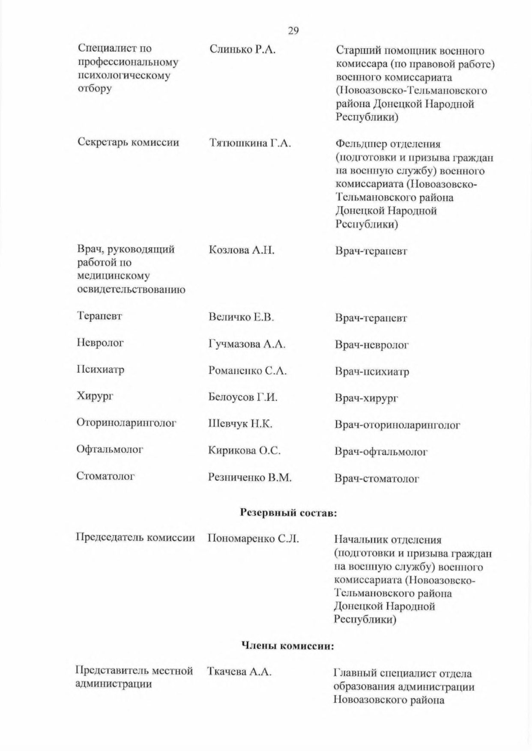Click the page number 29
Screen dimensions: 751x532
[x=293, y=31]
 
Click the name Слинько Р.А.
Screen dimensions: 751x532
[x=242, y=50]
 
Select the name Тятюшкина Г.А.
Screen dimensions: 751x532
[x=250, y=143]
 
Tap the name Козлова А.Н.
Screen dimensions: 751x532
[x=242, y=250]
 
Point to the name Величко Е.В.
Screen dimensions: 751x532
[x=241, y=317]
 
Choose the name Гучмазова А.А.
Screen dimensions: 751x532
[x=247, y=344]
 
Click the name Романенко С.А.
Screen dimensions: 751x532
[x=247, y=371]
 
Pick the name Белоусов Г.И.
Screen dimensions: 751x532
[x=243, y=397]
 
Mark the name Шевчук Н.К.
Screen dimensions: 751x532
[x=240, y=424]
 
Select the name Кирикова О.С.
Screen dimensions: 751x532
[x=244, y=450]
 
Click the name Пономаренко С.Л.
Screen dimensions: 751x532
[x=253, y=538]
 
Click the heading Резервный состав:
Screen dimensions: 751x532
[x=288, y=513]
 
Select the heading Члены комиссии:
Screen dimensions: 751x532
[x=287, y=646]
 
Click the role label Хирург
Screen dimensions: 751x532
[x=95, y=396]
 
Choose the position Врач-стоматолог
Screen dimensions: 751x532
[x=377, y=479]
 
